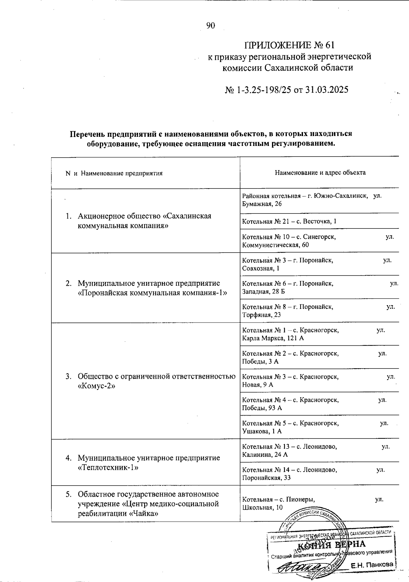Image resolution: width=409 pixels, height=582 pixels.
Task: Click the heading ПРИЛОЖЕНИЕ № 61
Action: (289, 45)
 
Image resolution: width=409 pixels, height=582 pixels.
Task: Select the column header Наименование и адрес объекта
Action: (320, 173)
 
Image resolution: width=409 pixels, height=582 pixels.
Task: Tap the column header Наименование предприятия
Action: (122, 173)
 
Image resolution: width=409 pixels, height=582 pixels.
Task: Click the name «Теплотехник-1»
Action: (108, 467)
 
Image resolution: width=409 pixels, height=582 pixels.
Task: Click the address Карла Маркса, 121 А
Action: (273, 338)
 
